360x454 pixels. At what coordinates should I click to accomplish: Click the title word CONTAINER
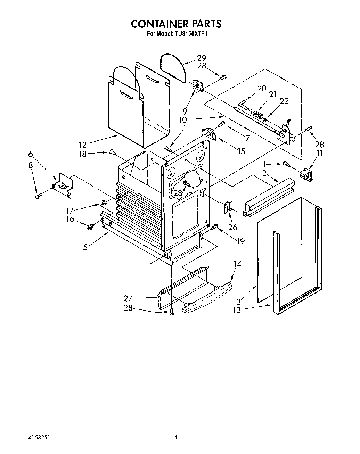pos(159,24)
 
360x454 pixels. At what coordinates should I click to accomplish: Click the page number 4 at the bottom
pos(176,437)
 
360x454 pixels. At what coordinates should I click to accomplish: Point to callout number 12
pos(83,145)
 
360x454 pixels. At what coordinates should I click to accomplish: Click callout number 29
pos(202,58)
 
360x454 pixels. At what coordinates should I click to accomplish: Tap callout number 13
pos(237,310)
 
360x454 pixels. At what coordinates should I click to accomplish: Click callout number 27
pos(128,298)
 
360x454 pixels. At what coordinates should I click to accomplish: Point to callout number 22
pos(284,101)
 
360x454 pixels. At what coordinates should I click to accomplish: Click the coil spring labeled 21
pos(257,114)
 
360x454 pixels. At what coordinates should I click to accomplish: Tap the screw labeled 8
pos(38,197)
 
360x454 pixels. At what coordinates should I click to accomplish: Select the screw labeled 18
pos(112,151)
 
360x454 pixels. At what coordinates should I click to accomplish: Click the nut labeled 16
pos(89,226)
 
